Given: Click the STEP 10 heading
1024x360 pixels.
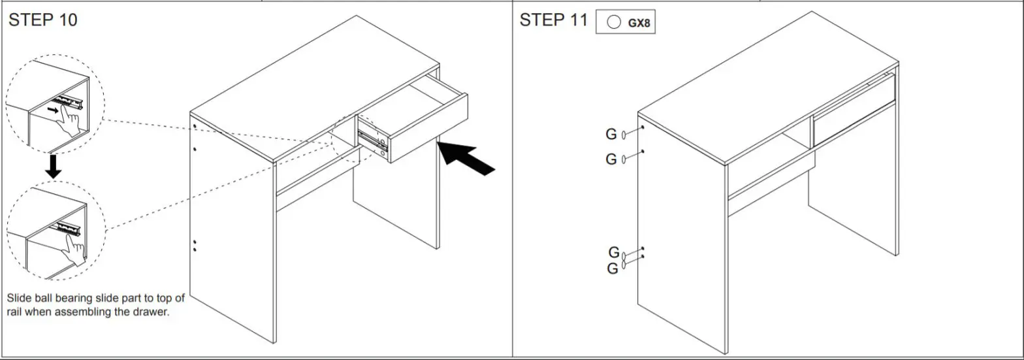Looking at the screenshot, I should click(42, 20).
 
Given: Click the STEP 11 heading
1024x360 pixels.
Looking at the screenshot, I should click(553, 20).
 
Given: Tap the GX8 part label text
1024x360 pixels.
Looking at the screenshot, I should click(639, 23).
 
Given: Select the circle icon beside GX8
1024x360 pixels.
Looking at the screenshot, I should click(613, 22).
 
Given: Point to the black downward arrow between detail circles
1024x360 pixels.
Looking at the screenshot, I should click(54, 167).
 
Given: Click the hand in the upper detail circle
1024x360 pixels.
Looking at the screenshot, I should click(70, 122).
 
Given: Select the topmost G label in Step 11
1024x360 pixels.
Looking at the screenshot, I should click(611, 135).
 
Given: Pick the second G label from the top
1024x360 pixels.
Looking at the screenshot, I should click(611, 159).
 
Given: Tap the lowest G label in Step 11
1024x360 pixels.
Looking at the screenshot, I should click(613, 269).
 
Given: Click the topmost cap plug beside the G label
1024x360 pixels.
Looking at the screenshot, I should click(624, 135).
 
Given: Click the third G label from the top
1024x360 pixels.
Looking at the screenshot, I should click(614, 252).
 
